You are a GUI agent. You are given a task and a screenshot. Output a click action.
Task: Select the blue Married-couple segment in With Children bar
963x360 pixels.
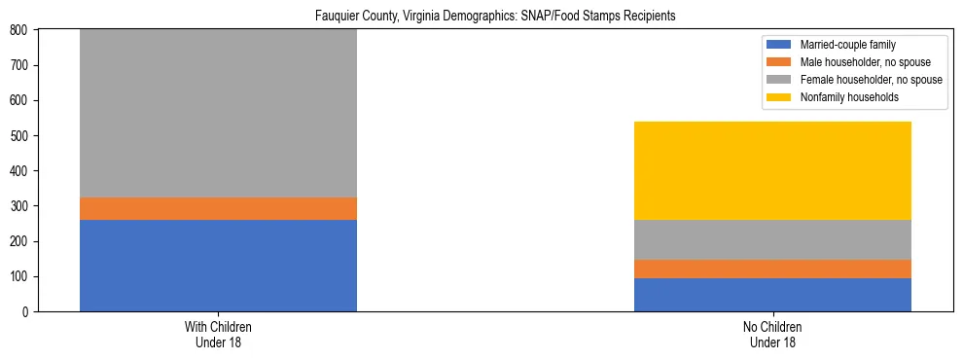pyautogui.click(x=218, y=266)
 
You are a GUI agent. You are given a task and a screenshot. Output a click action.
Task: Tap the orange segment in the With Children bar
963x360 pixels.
pyautogui.click(x=218, y=208)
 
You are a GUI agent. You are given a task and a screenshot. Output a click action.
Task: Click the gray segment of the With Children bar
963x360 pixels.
pyautogui.click(x=218, y=113)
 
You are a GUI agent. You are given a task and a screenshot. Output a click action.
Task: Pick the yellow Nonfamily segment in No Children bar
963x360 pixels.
pyautogui.click(x=772, y=170)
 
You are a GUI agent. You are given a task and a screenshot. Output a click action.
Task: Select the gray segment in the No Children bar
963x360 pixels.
pyautogui.click(x=772, y=239)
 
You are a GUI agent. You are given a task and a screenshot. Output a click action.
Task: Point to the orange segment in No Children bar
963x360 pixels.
pyautogui.click(x=772, y=269)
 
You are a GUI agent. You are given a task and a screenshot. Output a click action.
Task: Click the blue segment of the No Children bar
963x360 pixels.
pyautogui.click(x=772, y=295)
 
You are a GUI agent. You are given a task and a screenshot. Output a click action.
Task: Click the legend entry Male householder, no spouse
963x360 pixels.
pyautogui.click(x=859, y=62)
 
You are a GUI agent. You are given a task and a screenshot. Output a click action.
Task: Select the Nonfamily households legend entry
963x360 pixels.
pyautogui.click(x=842, y=97)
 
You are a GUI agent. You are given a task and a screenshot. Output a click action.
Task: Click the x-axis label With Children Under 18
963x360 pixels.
pyautogui.click(x=218, y=334)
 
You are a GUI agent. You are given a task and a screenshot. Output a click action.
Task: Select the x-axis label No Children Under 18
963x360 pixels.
pyautogui.click(x=772, y=334)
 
